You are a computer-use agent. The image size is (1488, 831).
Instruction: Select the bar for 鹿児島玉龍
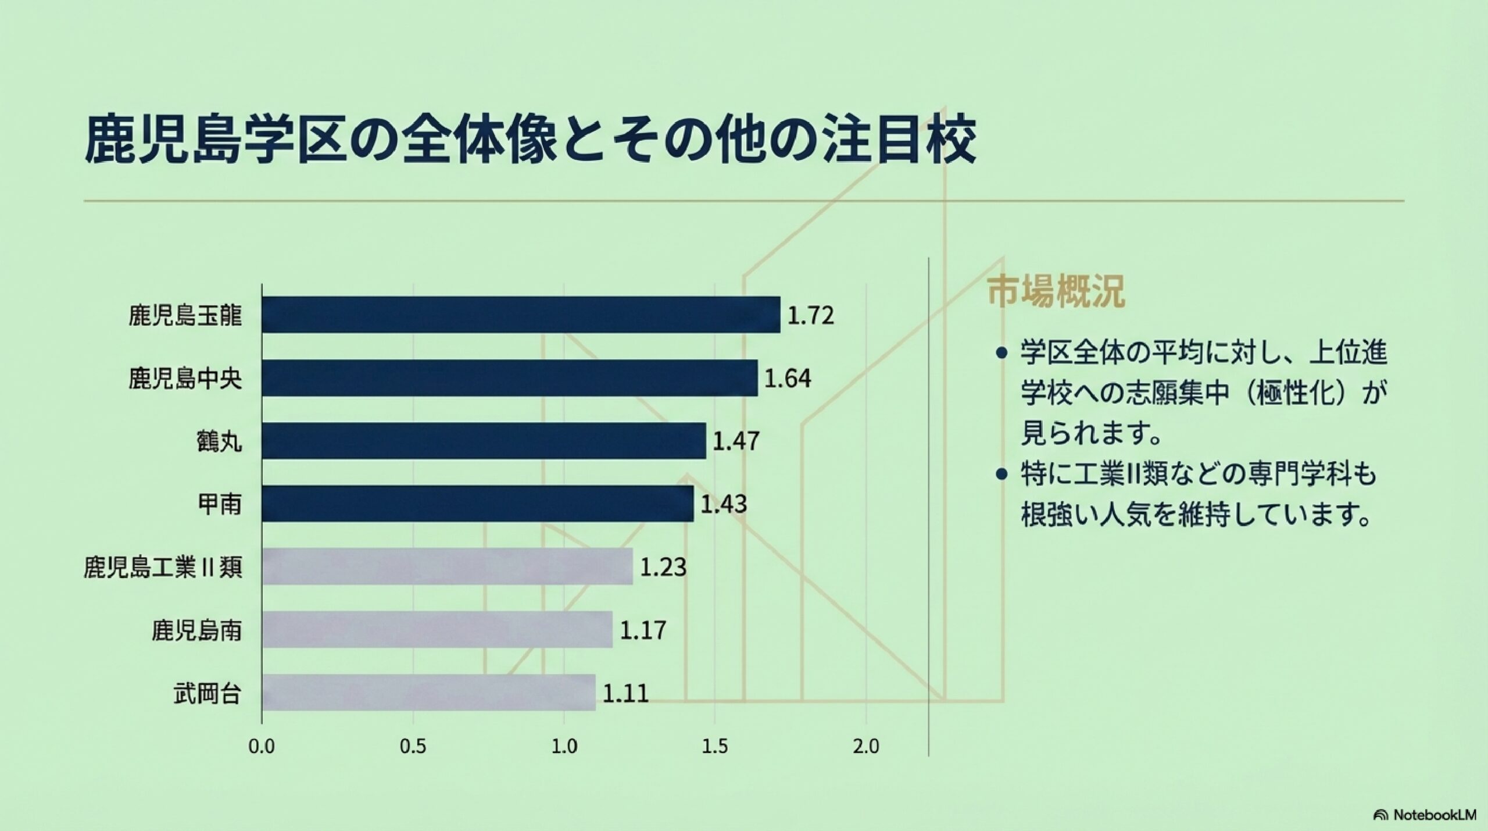tap(521, 315)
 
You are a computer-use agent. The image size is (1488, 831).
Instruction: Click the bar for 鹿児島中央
tap(510, 378)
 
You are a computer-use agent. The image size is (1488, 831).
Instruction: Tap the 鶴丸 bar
tap(484, 441)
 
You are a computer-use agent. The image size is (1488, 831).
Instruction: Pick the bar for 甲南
tap(477, 504)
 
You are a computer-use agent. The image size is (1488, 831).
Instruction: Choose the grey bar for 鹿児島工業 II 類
tap(447, 566)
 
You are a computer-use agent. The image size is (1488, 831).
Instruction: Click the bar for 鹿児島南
tap(437, 629)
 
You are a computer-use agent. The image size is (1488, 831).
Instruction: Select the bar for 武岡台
tap(428, 693)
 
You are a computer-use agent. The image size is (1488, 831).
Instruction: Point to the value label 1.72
tap(810, 316)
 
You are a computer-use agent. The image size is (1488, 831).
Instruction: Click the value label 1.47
tap(736, 441)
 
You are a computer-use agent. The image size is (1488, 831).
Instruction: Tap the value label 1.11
tap(625, 693)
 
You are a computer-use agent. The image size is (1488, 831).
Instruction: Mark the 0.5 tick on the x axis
tap(413, 747)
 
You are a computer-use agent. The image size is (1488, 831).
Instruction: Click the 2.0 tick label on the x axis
tap(866, 747)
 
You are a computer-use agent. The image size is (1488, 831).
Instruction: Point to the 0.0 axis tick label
tap(262, 747)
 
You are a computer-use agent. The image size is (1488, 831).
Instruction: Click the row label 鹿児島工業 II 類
tap(163, 568)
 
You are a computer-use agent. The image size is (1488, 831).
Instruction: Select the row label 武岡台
tap(207, 694)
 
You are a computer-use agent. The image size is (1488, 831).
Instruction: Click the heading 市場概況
tap(1056, 292)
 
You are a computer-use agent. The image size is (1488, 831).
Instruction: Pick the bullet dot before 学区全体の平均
tap(1001, 353)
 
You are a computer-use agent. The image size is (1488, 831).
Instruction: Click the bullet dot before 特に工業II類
tap(1001, 475)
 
